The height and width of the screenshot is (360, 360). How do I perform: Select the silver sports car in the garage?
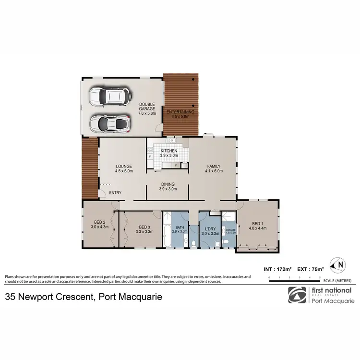pyautogui.click(x=110, y=124)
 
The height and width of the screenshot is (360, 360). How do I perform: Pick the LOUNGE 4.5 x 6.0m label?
pyautogui.click(x=123, y=169)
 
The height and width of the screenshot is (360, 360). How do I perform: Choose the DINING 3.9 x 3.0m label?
pyautogui.click(x=168, y=186)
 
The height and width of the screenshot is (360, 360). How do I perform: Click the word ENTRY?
pyautogui.click(x=115, y=193)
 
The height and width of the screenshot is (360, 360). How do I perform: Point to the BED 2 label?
pyautogui.click(x=100, y=224)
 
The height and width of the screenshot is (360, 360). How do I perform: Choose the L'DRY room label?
pyautogui.click(x=210, y=231)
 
